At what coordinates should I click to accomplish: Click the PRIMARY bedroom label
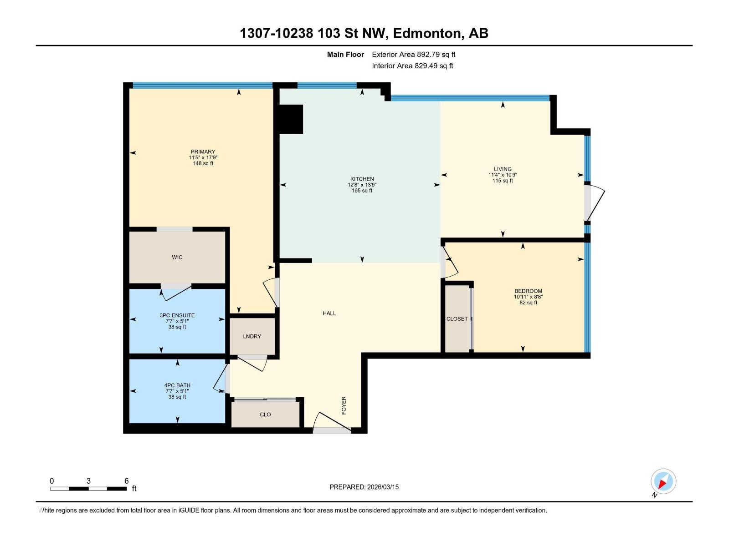(x=203, y=152)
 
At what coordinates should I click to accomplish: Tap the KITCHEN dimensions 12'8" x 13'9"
(x=362, y=185)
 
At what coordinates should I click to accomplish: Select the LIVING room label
(x=503, y=169)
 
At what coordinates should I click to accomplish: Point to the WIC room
(x=177, y=257)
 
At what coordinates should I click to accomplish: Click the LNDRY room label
(x=252, y=336)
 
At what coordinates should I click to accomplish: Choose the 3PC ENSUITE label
(x=177, y=315)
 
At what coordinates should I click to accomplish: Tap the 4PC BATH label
(x=177, y=385)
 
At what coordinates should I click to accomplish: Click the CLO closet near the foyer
(x=265, y=415)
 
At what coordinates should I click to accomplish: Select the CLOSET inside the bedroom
(x=457, y=319)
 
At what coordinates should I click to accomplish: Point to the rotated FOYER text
(x=344, y=405)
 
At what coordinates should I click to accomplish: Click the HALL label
(x=329, y=313)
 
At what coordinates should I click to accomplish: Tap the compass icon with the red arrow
(x=663, y=481)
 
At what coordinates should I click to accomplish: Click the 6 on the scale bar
(x=126, y=481)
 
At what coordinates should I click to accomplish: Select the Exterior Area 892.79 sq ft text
(x=413, y=55)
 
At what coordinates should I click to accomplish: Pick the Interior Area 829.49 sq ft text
(x=412, y=66)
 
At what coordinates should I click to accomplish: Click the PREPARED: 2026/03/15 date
(x=364, y=487)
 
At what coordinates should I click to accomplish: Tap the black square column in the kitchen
(x=291, y=119)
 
